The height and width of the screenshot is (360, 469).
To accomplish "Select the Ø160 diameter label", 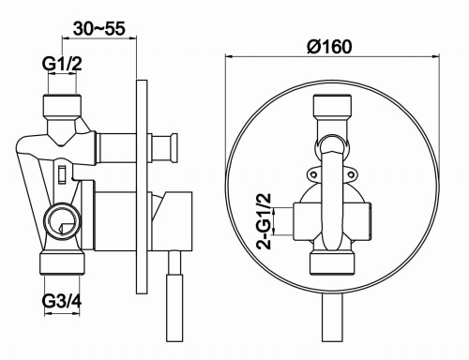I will click(x=333, y=47).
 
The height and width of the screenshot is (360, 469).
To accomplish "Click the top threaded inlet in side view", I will click(x=61, y=104).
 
